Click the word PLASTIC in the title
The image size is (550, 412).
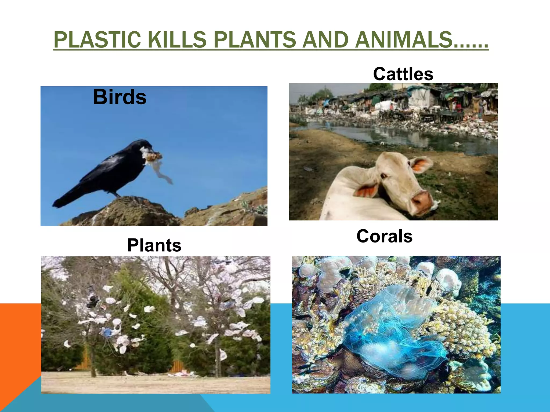coord(97,40)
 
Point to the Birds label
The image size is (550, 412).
coord(120,97)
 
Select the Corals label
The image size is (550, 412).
coord(384,236)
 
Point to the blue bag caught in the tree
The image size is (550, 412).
coord(107,333)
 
